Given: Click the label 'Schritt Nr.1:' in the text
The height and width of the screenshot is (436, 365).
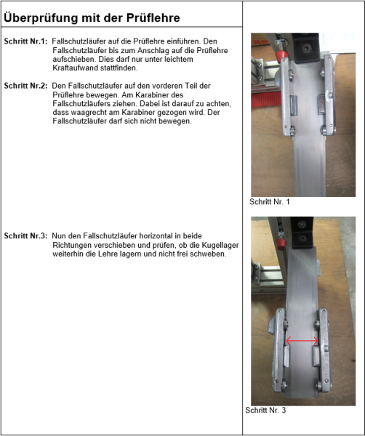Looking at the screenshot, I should point(25,41).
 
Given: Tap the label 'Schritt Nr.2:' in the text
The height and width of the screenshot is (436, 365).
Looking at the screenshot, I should point(25,86).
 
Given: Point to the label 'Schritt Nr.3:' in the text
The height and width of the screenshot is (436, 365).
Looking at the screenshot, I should point(25,235).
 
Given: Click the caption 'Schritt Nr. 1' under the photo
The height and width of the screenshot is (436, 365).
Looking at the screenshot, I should point(269,202).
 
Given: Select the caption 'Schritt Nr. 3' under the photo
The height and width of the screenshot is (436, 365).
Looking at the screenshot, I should point(267,411).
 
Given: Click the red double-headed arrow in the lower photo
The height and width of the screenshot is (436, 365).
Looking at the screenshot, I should point(301,341).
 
